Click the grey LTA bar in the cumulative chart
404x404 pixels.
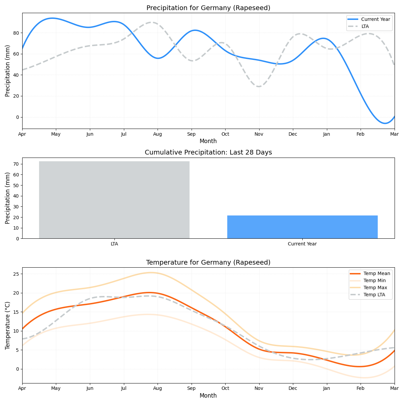tap(114, 200)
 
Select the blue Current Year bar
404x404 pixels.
tap(302, 227)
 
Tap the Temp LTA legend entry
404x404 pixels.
tap(374, 295)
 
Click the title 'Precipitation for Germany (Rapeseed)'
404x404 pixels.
tap(208, 8)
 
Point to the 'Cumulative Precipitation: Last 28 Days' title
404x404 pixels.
tap(208, 152)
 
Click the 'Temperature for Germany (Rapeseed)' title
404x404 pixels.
tap(208, 262)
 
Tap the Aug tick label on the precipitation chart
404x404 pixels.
tap(158, 134)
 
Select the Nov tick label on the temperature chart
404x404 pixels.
tap(259, 389)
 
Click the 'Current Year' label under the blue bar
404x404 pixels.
tap(302, 244)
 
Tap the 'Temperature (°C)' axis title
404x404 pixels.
tap(8, 325)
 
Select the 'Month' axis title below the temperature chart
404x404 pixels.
tap(208, 396)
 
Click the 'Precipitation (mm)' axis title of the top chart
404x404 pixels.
tap(8, 71)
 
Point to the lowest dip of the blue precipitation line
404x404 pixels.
tap(385, 123)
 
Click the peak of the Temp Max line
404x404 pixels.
tap(151, 273)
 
